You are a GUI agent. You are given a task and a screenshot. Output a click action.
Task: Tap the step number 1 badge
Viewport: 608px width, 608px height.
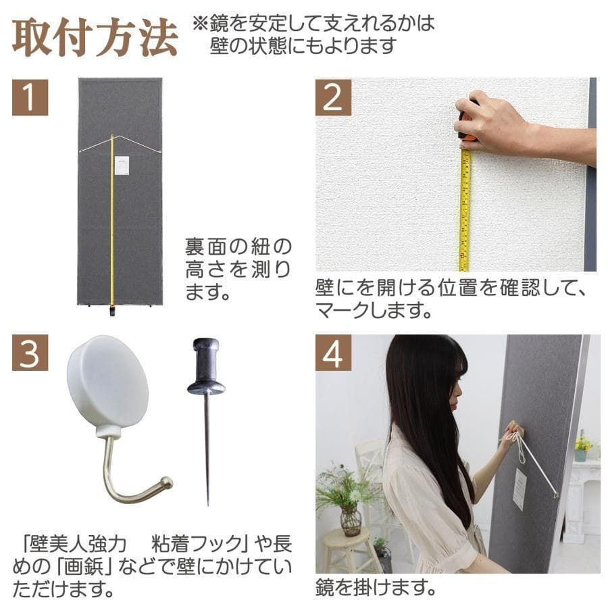[x=30, y=97]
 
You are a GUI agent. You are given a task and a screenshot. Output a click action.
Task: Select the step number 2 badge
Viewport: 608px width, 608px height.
[x=333, y=97]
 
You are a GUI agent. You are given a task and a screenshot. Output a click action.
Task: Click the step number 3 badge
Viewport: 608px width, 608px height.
[x=30, y=353]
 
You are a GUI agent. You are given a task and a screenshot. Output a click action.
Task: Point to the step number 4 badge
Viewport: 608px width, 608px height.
[x=333, y=353]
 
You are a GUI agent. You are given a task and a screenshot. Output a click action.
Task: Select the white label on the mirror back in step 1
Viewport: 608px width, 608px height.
[x=122, y=166]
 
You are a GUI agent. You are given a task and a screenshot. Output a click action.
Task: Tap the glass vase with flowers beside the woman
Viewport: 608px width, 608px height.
[x=350, y=520]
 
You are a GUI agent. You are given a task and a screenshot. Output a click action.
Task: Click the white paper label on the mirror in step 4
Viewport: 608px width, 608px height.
[x=519, y=489]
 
